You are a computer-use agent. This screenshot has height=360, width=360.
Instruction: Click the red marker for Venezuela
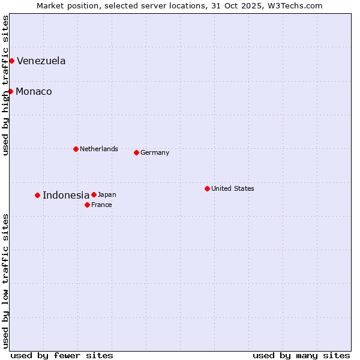tap(11, 61)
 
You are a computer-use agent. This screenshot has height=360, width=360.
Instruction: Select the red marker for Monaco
tap(10, 91)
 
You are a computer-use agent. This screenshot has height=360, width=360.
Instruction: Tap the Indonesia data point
tap(37, 195)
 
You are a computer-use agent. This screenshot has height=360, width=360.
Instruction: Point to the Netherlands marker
tap(76, 149)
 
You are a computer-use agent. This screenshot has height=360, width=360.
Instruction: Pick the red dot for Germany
tap(136, 152)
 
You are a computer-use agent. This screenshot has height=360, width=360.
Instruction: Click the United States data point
tap(207, 188)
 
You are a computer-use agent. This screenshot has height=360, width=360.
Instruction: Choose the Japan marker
tap(94, 194)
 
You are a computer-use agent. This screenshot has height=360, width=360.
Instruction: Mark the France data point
tap(87, 205)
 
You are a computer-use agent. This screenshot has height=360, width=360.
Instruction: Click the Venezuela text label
tap(41, 61)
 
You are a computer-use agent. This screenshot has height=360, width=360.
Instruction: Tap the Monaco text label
tap(34, 91)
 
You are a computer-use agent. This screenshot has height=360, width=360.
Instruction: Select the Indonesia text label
tap(66, 195)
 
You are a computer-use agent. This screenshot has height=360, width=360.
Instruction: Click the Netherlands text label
tap(99, 149)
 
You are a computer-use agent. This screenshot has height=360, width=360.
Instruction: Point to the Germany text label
tap(155, 152)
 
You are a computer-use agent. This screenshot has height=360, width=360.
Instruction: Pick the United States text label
tap(233, 188)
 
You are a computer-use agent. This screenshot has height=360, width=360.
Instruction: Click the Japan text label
tap(107, 194)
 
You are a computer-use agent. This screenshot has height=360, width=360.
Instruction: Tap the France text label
tap(101, 205)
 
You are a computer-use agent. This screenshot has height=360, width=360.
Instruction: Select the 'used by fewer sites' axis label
tap(62, 355)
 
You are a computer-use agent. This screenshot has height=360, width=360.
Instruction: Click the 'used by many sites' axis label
tap(301, 355)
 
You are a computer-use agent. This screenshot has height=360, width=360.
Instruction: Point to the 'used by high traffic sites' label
tap(5, 85)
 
